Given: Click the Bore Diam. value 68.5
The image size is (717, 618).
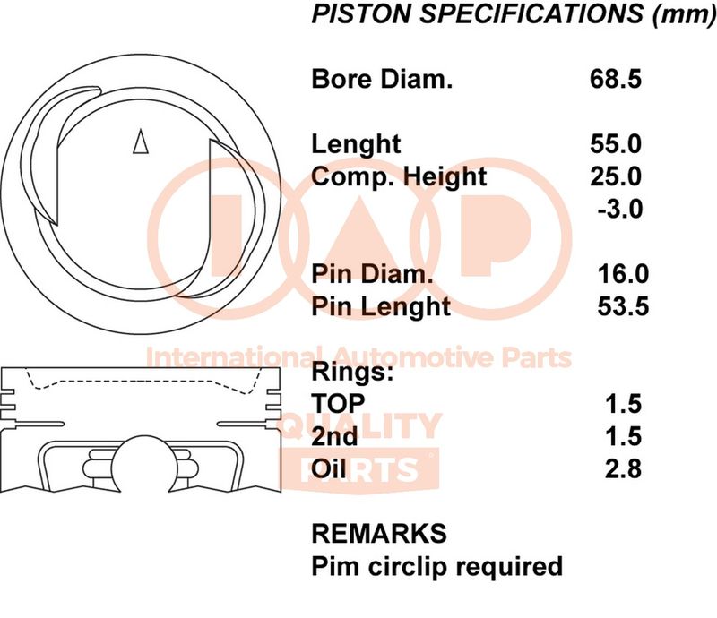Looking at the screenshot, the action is pos(615,79).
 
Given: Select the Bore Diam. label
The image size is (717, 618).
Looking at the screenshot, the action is pos(382,79).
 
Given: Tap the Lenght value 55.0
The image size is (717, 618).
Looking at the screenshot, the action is pos(616,144).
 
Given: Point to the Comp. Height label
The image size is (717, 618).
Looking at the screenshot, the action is pos(399,177).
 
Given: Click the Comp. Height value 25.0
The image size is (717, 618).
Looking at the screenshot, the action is pos(616,176).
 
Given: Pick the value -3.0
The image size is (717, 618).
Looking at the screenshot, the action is pos(619,209).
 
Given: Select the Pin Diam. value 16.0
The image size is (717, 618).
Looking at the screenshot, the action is pos(623,274).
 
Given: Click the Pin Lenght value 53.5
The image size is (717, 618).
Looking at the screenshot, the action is pos(623,306).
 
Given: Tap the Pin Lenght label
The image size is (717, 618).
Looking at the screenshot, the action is pos(381,307).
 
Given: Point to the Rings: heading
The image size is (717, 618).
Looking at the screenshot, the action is pos(352,371).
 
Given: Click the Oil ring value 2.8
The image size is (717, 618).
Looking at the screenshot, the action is pos(623,469).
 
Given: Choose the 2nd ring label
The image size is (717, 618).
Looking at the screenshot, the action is pos(334,436).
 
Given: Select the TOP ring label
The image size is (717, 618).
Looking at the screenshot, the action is pos(338,404).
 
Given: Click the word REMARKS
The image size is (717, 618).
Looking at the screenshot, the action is pos(379,534).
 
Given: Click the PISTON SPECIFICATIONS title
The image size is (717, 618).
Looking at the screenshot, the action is pos(513,13).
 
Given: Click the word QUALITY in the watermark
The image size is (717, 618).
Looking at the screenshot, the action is pos(360,425).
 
